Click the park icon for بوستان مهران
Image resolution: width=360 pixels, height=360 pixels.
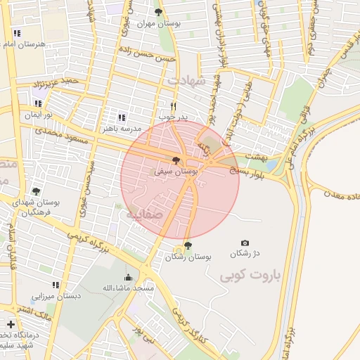coord(158,12)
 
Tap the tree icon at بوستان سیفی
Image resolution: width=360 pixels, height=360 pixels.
coord(176,161)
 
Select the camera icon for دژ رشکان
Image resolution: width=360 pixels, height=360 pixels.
coord(245,243)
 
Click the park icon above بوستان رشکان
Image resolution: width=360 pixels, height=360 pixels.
coord(188,246)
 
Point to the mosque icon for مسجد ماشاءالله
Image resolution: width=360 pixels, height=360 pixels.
coord(128,277)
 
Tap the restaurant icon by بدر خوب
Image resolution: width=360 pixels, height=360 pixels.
coord(173,107)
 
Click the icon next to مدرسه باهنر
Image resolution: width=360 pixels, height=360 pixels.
coord(122,117)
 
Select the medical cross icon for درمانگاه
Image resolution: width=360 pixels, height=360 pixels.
coord(11,324)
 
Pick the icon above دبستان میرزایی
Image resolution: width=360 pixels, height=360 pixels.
coord(56,285)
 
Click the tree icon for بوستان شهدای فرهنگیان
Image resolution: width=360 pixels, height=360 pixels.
coord(36,191)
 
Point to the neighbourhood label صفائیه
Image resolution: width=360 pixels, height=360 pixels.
coord(144,214)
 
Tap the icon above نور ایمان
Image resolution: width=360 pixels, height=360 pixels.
coord(38,103)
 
